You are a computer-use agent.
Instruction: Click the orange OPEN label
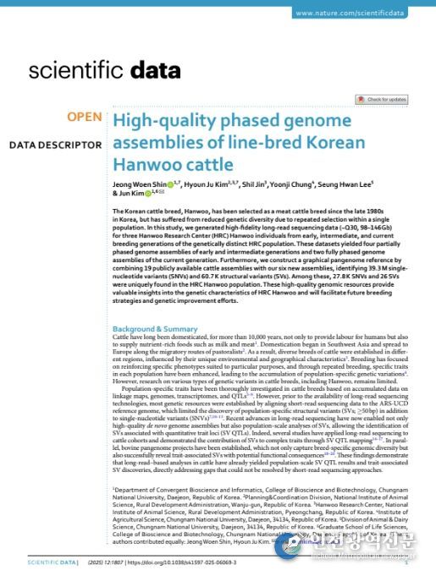(x=85, y=117)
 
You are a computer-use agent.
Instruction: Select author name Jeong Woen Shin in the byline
(x=138, y=184)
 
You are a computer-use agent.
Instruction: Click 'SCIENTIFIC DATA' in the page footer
(x=52, y=561)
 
